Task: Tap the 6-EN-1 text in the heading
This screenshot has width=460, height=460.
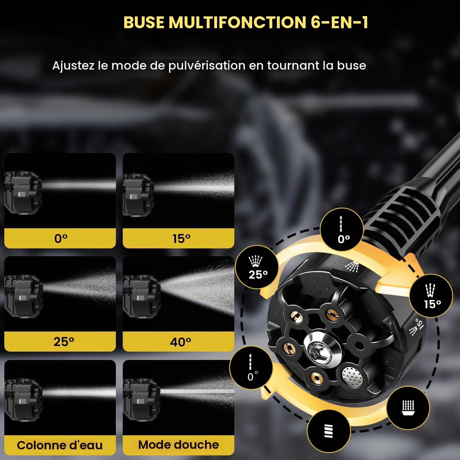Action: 339,22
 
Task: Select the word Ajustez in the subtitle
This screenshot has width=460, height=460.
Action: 73,66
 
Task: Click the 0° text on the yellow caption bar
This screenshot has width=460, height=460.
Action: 61,239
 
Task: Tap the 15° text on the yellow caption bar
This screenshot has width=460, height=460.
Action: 181,239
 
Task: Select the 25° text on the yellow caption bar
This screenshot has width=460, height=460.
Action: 64,342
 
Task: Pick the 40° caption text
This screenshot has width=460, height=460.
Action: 181,342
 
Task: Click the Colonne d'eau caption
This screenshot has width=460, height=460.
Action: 60,445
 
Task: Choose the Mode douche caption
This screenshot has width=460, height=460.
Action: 179,445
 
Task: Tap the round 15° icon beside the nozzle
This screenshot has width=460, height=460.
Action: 431,296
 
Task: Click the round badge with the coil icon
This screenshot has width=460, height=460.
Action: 329,432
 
